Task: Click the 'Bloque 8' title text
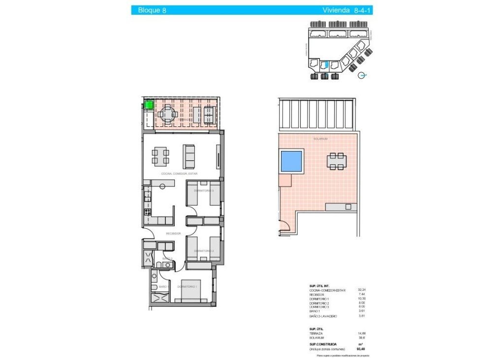point(152,10)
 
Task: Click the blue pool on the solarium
point(291,161)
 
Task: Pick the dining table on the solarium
point(337,161)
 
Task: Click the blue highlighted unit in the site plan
point(324,64)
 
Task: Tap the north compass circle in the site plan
point(362,75)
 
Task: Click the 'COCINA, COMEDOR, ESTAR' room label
point(180,174)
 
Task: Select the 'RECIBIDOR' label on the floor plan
point(173,234)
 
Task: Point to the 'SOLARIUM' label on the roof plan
point(320,139)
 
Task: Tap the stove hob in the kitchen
point(147,212)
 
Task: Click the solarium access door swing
point(284,228)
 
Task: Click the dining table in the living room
point(160,155)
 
